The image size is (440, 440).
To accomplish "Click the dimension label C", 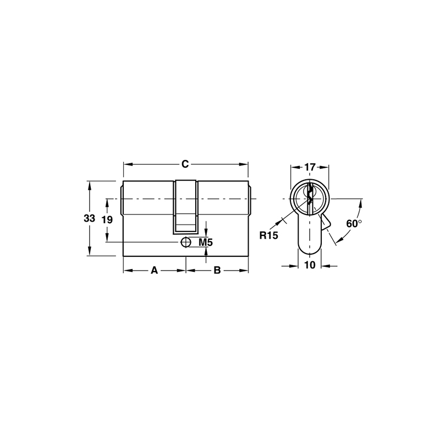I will (x=186, y=164).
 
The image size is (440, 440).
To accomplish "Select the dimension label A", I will (x=155, y=270).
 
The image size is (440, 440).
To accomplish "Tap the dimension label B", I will (x=217, y=270).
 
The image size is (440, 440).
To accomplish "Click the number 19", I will (x=107, y=219).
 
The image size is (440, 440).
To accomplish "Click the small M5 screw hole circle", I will (x=186, y=242).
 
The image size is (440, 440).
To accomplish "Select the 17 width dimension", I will (x=310, y=167).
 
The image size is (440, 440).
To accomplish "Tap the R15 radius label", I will (x=269, y=235).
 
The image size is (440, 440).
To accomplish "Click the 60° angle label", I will (x=353, y=224).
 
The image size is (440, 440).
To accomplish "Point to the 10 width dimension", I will (x=310, y=265).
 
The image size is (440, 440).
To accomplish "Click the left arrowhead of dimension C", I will (x=126, y=164).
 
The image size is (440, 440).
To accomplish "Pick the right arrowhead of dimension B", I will (x=245, y=270).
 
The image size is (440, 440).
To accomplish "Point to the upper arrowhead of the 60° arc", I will (x=361, y=203).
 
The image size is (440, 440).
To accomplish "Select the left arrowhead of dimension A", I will (x=126, y=270).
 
